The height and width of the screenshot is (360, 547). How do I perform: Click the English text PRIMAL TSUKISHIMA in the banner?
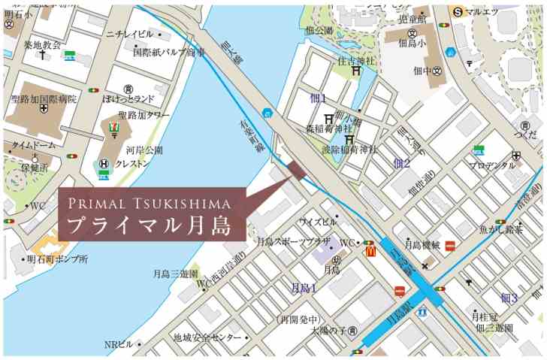pyautogui.click(x=149, y=204)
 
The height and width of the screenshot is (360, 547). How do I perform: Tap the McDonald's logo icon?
pyautogui.click(x=370, y=253)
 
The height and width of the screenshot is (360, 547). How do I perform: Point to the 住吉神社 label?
pyautogui.click(x=356, y=59)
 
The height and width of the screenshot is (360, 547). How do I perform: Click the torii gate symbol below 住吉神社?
pyautogui.click(x=355, y=72)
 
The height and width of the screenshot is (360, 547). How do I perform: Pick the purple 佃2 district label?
pyautogui.click(x=401, y=163)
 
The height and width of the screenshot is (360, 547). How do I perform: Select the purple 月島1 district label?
pyautogui.click(x=304, y=288)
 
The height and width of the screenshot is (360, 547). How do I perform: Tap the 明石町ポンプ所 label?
pyautogui.click(x=58, y=259)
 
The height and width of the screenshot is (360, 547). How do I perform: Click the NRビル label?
pyautogui.click(x=119, y=344)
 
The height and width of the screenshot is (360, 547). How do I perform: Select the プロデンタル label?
pyautogui.click(x=492, y=165)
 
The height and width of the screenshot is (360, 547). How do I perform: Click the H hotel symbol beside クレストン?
pyautogui.click(x=104, y=163)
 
